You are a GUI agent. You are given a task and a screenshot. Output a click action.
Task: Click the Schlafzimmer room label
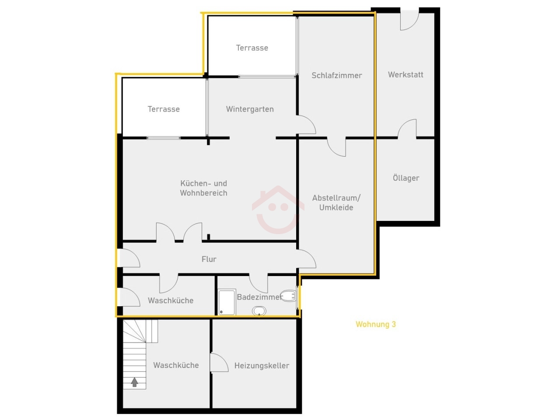click(336, 75)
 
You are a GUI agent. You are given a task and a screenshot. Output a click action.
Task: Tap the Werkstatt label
click(405, 74)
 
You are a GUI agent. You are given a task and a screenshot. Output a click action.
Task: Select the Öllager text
click(406, 178)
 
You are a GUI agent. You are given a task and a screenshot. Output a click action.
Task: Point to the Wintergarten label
click(250, 109)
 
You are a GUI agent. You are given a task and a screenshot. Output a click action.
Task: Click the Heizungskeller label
click(262, 365)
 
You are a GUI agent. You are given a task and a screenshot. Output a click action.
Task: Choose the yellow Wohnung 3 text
click(376, 324)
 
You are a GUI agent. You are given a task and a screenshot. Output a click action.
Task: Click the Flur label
click(209, 259)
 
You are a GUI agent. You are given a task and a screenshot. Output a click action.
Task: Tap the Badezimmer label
click(260, 297)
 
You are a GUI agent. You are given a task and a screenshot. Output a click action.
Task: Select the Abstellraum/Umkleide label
click(336, 203)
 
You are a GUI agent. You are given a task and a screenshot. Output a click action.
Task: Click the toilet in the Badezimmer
click(288, 296)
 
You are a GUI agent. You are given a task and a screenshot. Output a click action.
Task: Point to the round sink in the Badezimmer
click(259, 311)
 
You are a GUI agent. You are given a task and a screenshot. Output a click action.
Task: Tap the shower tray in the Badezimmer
click(227, 302)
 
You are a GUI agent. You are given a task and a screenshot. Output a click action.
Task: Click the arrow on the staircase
click(134, 382)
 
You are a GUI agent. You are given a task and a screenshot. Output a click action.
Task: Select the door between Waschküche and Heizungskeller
click(219, 362)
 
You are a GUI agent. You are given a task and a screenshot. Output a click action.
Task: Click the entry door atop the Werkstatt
click(409, 21)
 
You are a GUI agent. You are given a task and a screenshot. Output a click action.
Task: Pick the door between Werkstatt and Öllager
click(407, 129)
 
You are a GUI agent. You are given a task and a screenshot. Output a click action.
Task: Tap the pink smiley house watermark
click(278, 210)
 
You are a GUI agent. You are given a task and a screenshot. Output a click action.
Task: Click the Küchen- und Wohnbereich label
click(204, 188)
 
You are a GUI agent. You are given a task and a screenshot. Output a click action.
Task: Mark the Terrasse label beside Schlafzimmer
click(252, 48)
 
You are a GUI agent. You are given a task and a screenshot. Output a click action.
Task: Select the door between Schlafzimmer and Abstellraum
click(336, 147)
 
